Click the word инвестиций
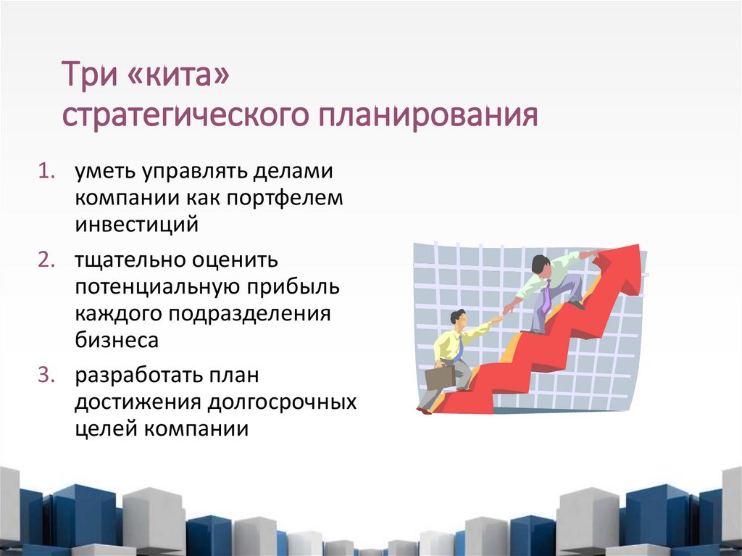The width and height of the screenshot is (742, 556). point(136,225)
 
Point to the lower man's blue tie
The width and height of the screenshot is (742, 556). point(459,348)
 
